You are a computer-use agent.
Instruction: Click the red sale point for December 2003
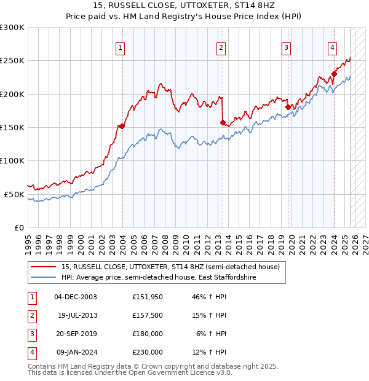pos(122,126)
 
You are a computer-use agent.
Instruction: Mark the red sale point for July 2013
pos(223,122)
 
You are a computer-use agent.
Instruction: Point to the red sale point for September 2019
pos(288,107)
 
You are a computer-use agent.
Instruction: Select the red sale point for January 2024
pos(334,74)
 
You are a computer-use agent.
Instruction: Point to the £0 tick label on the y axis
pos(18,227)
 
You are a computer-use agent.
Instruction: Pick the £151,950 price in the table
pos(148,297)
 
